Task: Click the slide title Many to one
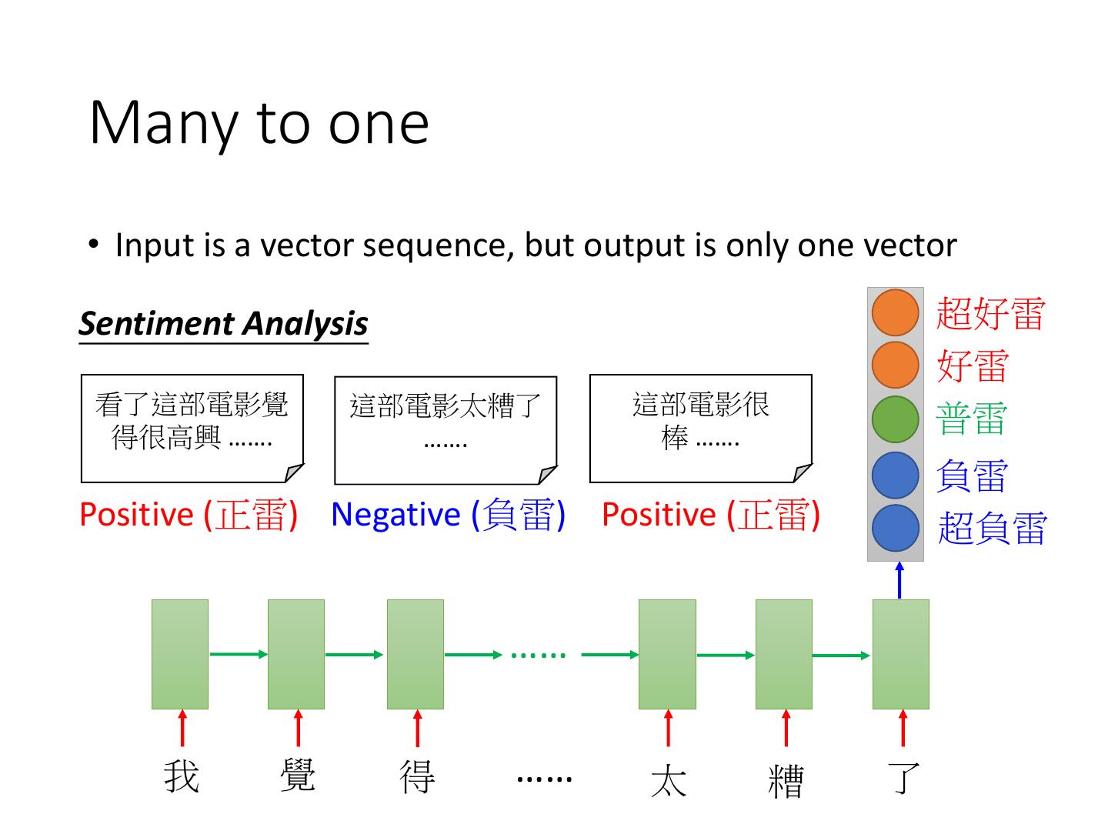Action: click(259, 124)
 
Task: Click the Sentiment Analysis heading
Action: click(223, 323)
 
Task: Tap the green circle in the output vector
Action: click(895, 419)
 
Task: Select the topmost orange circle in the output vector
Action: click(895, 312)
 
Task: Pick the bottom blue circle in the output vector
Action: click(895, 528)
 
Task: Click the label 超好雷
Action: click(990, 314)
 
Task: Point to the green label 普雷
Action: click(971, 419)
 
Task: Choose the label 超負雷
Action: click(992, 528)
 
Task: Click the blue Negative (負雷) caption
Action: click(449, 515)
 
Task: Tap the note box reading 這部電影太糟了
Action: click(446, 430)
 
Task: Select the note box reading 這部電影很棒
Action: click(701, 429)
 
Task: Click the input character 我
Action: click(182, 777)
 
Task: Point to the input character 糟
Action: click(786, 781)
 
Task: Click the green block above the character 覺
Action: click(295, 654)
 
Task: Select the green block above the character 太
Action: click(667, 654)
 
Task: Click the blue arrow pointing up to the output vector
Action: click(899, 580)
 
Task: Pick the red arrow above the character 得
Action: click(418, 728)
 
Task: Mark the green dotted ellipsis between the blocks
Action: click(538, 656)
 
